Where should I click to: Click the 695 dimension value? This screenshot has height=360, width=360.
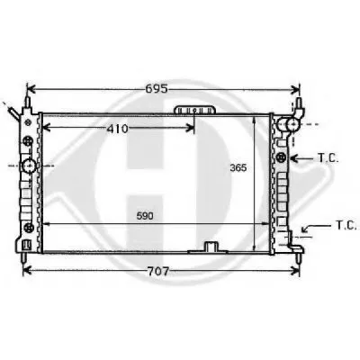pyautogui.click(x=157, y=88)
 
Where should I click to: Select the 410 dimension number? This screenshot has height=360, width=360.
pyautogui.click(x=117, y=129)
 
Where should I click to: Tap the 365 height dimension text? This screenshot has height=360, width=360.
pyautogui.click(x=238, y=167)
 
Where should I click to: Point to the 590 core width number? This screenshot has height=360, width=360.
pyautogui.click(x=145, y=216)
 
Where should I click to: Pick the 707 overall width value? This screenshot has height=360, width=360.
pyautogui.click(x=158, y=272)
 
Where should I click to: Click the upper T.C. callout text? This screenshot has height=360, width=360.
pyautogui.click(x=328, y=158)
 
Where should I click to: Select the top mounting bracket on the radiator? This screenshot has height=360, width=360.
pyautogui.click(x=195, y=110)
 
